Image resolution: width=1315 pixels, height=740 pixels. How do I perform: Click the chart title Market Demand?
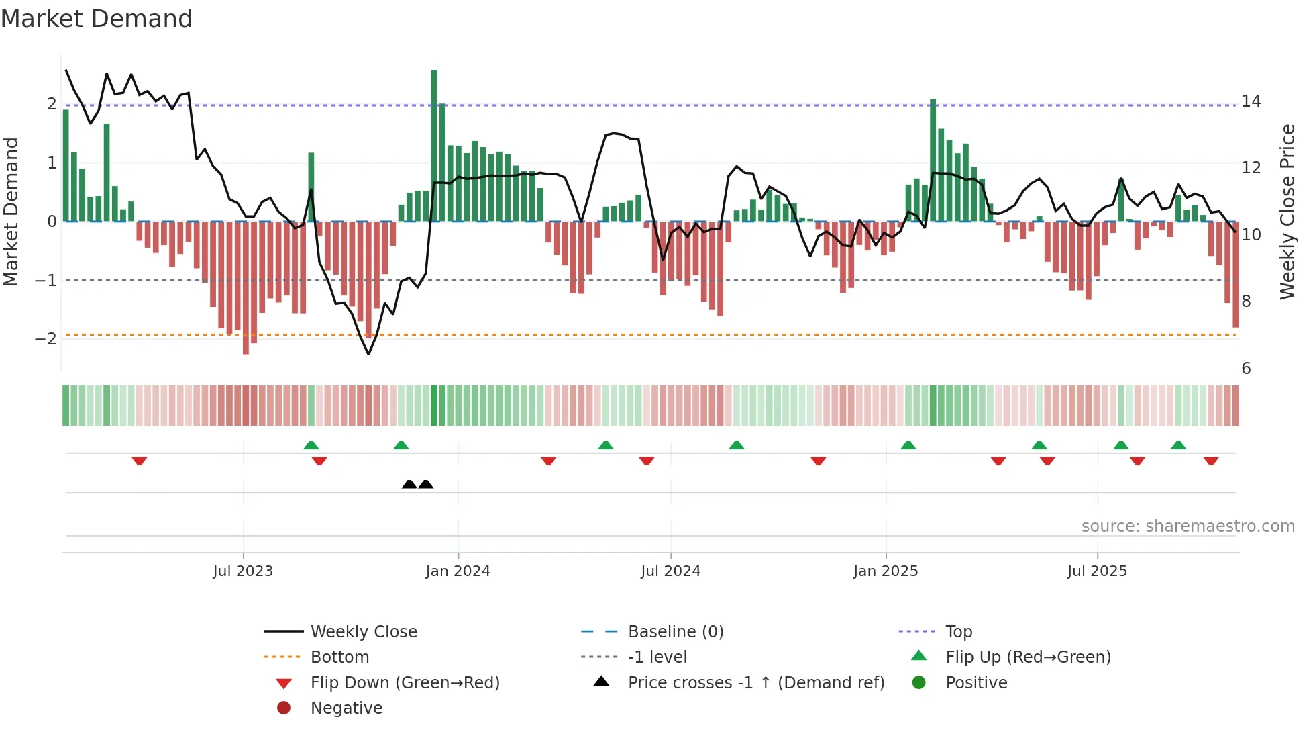point(97,19)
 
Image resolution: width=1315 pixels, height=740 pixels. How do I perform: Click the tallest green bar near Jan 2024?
point(433,144)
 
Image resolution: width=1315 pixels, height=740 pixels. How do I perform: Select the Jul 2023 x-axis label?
point(243,571)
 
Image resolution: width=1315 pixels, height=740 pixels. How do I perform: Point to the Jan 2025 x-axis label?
point(886,571)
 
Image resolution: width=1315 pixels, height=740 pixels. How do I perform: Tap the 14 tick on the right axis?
point(1251,101)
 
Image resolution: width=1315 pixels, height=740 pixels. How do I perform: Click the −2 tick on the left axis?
point(46,338)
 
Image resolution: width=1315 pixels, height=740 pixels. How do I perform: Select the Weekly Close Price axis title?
point(1287,212)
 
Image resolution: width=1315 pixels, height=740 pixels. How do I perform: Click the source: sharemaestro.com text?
point(1188,526)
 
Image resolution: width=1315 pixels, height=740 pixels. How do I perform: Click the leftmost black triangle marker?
point(409,484)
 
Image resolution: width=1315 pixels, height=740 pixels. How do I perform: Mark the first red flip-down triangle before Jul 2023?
point(140,461)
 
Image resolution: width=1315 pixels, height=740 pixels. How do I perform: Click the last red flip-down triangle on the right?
point(1211,461)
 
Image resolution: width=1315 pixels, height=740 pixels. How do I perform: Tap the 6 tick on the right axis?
point(1246,369)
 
